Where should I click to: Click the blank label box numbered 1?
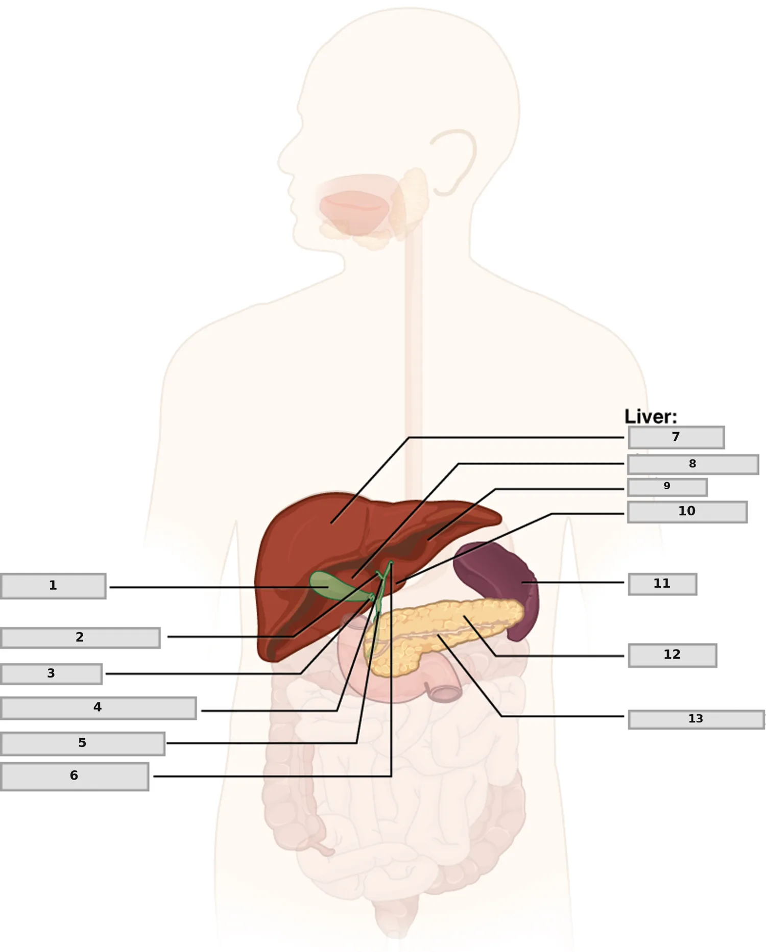(x=53, y=586)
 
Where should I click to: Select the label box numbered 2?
(x=80, y=638)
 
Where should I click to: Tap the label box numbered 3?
(x=51, y=674)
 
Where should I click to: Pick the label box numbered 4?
(x=98, y=708)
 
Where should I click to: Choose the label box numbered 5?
(x=82, y=744)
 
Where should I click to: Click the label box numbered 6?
(x=75, y=776)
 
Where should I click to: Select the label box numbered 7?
(x=676, y=437)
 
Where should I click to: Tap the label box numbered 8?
(x=693, y=464)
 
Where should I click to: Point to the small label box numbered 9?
(x=667, y=487)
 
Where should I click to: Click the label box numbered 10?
(x=687, y=512)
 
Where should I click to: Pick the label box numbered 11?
(x=662, y=584)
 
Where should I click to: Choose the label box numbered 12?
(x=673, y=655)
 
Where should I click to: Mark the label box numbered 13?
(x=697, y=719)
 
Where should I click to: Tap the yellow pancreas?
(x=439, y=633)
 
